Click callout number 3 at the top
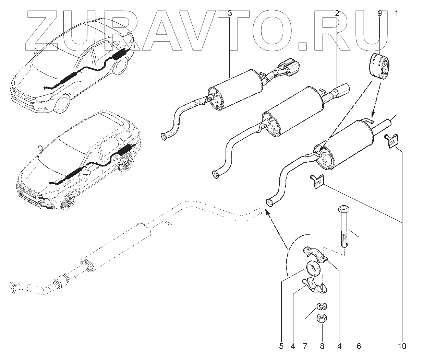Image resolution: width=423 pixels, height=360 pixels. (230, 14)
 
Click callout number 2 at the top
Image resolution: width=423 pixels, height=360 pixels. (337, 14)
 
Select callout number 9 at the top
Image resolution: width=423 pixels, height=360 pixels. (379, 14)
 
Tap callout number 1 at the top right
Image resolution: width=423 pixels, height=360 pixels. (396, 14)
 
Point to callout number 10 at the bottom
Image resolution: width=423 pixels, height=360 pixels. (402, 346)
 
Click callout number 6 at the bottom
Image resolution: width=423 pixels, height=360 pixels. (359, 346)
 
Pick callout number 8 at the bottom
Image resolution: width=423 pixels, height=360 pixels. (322, 346)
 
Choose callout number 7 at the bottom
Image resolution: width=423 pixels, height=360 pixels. (305, 346)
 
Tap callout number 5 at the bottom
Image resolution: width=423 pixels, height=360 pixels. (281, 346)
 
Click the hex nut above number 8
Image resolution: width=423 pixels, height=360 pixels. (321, 318)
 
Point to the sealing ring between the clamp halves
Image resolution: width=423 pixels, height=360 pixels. (313, 268)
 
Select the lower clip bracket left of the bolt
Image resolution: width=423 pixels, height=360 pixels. (317, 181)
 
